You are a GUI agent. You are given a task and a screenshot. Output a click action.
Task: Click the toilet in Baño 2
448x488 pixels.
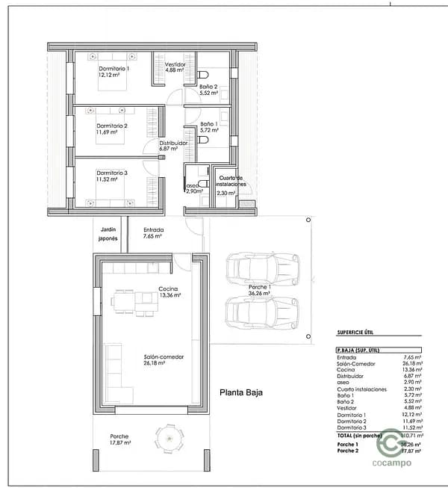204,75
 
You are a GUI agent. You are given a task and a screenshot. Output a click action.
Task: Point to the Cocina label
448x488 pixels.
169,291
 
